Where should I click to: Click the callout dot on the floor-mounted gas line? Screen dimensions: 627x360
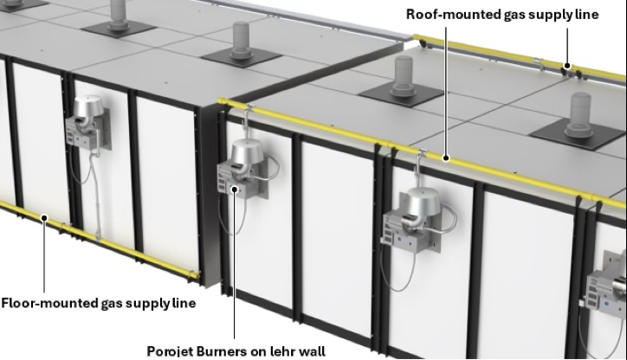pyautogui.click(x=44, y=218)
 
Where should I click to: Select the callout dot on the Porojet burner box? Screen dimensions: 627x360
pyautogui.click(x=236, y=189)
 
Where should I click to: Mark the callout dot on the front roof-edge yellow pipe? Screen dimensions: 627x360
pyautogui.click(x=446, y=158)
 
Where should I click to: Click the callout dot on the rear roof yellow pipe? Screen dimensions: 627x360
pyautogui.click(x=567, y=66)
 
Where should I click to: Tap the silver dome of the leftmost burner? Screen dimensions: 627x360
pyautogui.click(x=88, y=106)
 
